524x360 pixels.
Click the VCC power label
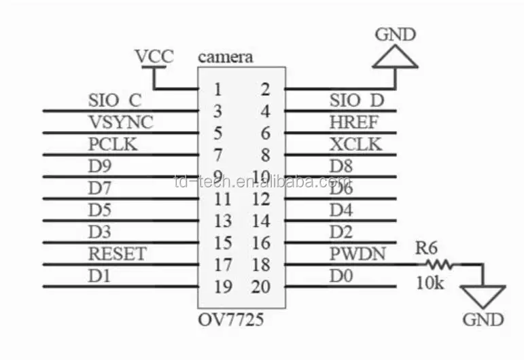pos(154,56)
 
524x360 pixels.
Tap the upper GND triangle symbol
pos(395,58)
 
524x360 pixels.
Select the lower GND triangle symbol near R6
pos(483,297)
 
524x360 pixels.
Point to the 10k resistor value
pos(430,283)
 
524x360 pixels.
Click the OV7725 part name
pos(231,319)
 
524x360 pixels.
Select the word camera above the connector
pos(225,56)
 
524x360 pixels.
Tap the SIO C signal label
pos(115,101)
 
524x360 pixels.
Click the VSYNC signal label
pos(120,123)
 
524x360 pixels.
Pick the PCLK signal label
pos(113,145)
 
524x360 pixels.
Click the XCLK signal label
pos(355,145)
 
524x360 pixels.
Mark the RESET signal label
pos(117,254)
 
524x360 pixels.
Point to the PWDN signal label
pos(357,254)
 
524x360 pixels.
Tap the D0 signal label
pos(341,276)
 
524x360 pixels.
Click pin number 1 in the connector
pos(217,89)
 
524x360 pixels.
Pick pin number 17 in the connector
pos(222,264)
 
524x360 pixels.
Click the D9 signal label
pos(100,166)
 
